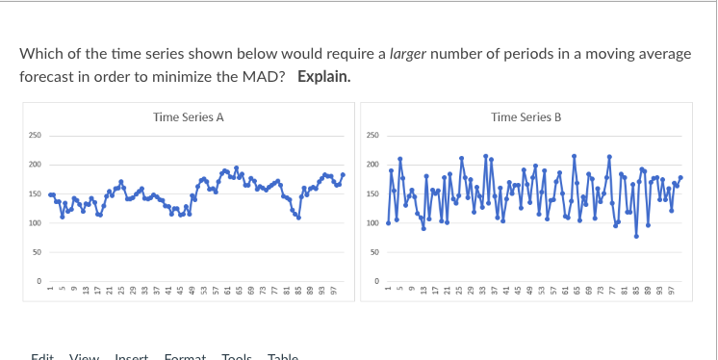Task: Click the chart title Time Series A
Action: click(x=189, y=117)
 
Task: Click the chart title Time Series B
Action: click(x=526, y=117)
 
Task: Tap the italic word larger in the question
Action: click(x=411, y=54)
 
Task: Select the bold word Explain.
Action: click(x=324, y=74)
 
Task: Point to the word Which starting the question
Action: click(x=39, y=54)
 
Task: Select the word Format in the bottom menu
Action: click(x=187, y=356)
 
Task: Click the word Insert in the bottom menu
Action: click(x=132, y=356)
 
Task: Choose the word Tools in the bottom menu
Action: click(x=236, y=356)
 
